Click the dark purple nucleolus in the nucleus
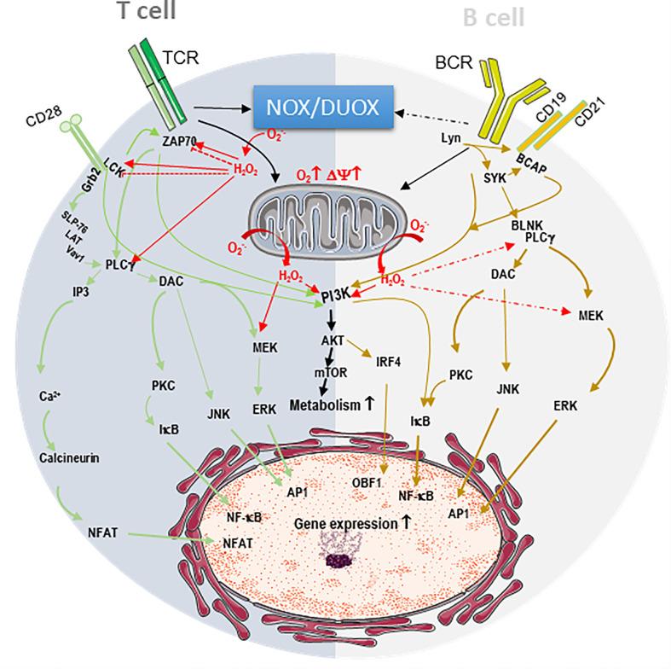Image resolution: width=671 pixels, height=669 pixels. pos(343,561)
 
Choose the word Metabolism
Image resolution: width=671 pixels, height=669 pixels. pos(321,405)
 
